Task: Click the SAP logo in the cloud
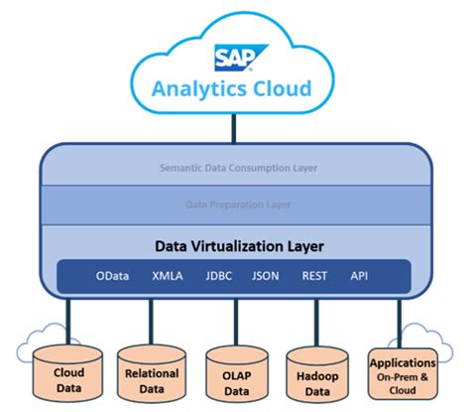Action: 233,58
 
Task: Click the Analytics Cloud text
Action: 233,89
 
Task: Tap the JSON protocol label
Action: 265,276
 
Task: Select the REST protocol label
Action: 315,276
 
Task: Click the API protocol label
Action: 360,276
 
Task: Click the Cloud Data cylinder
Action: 67,380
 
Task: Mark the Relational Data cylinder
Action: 151,380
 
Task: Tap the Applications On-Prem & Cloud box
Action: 402,376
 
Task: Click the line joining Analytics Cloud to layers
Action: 234,127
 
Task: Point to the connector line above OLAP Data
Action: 236,320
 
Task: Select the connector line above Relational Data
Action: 151,320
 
